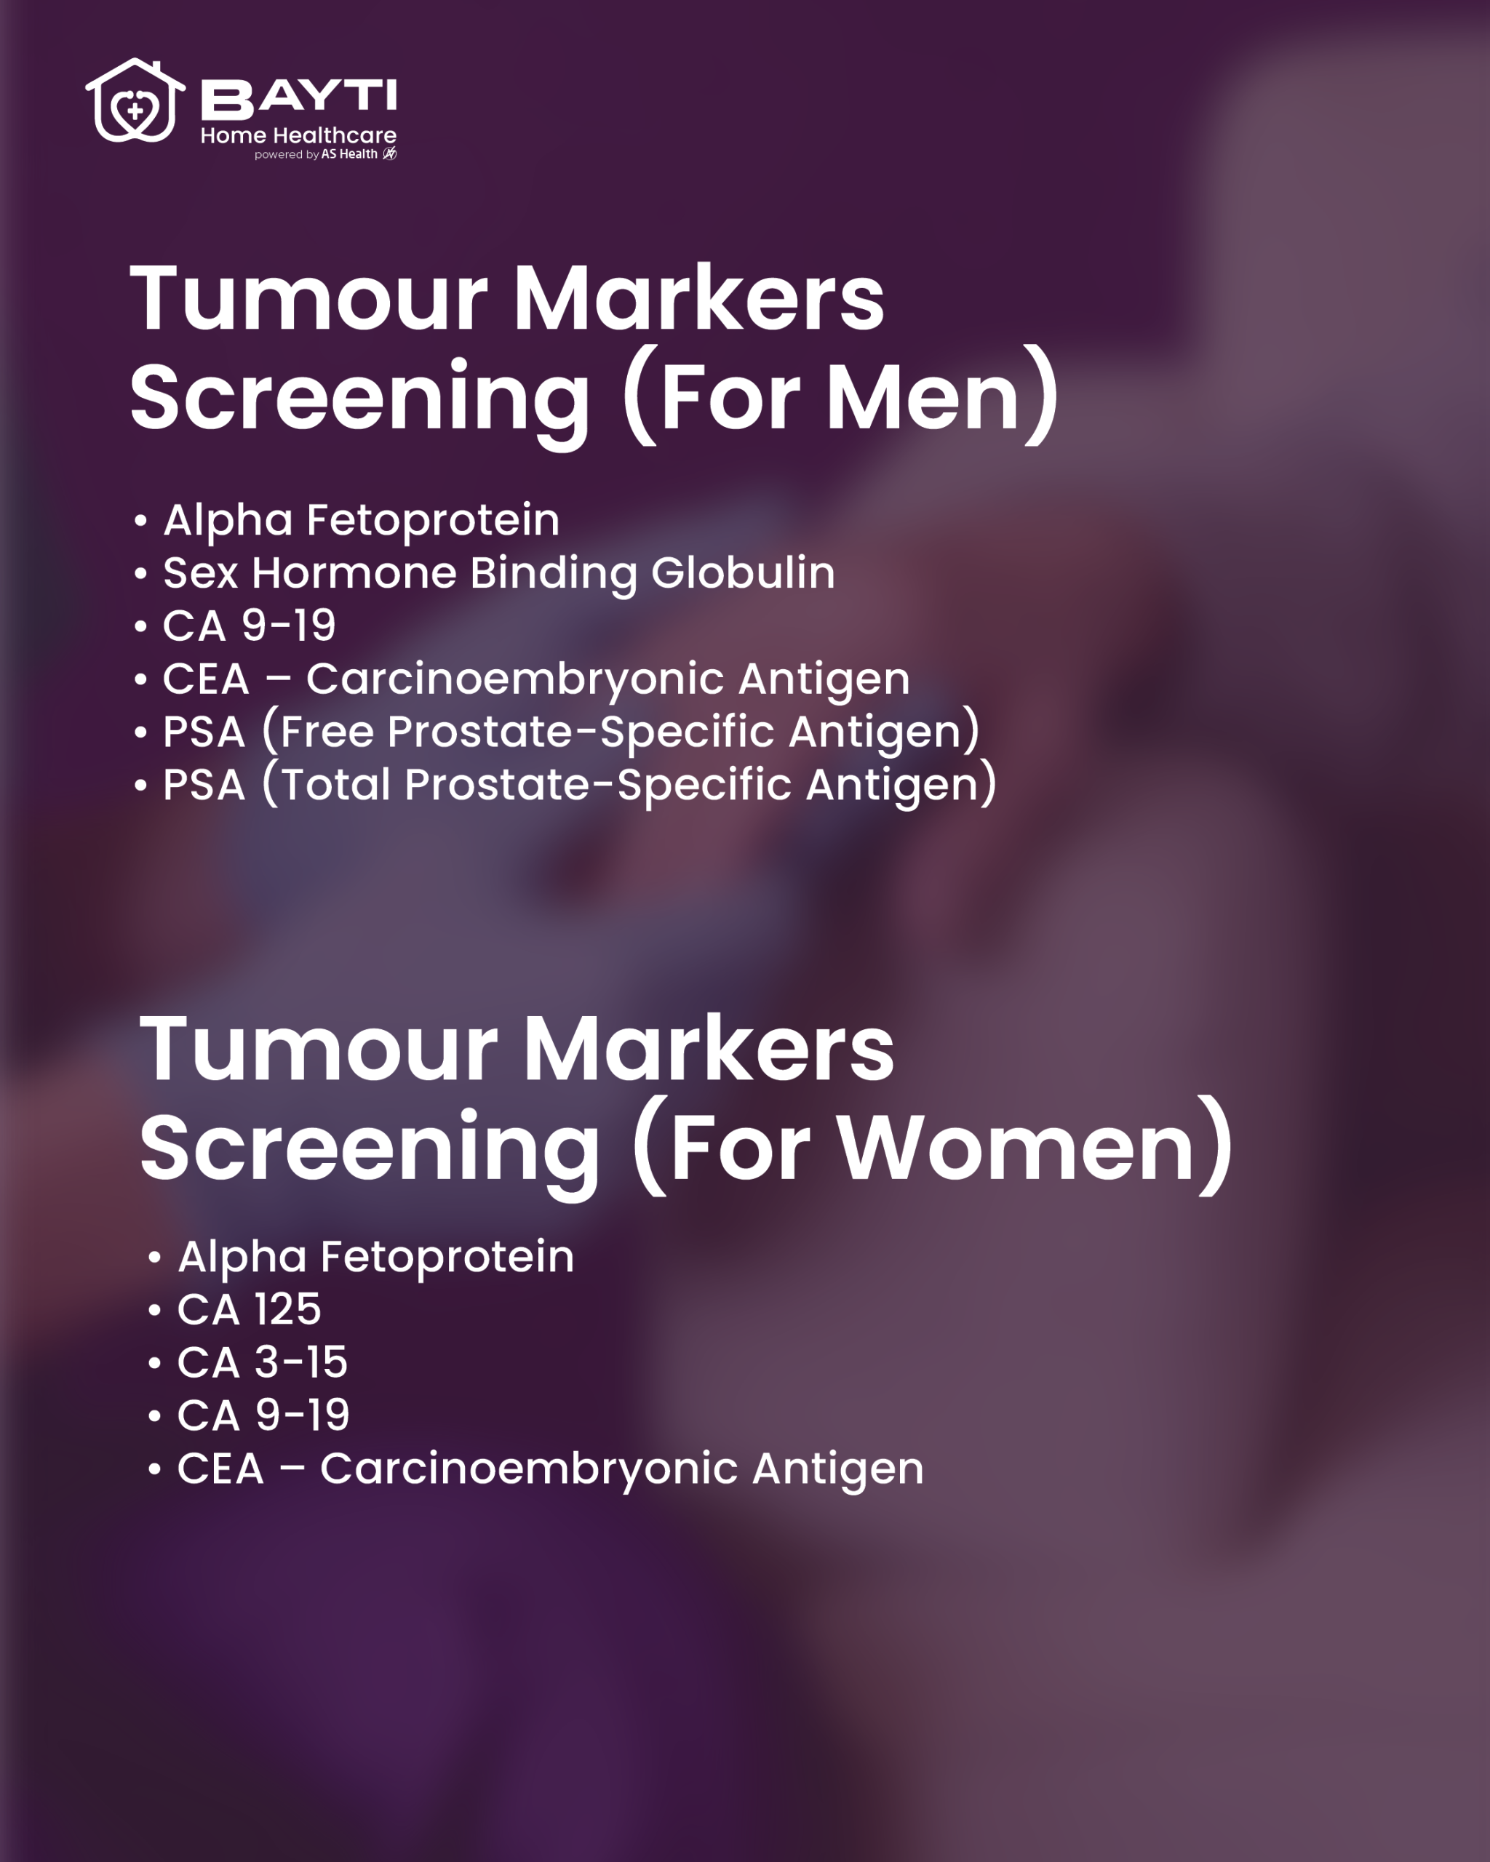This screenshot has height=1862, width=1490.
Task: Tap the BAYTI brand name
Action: click(299, 97)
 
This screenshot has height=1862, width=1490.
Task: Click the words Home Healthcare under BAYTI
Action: click(299, 135)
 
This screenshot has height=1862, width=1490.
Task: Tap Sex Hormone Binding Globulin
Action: click(499, 573)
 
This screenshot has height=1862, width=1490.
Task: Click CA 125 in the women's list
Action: click(249, 1309)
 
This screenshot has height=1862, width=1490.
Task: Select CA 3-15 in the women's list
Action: click(263, 1362)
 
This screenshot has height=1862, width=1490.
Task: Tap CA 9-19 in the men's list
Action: click(249, 626)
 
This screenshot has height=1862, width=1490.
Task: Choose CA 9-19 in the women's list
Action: click(263, 1415)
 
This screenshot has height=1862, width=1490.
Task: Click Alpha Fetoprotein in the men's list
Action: click(362, 520)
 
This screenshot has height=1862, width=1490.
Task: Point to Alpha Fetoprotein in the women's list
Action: click(375, 1257)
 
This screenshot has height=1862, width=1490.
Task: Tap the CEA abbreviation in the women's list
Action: click(220, 1469)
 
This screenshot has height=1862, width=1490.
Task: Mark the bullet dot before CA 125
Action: click(155, 1311)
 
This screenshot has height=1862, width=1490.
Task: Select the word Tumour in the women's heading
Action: click(318, 1050)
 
